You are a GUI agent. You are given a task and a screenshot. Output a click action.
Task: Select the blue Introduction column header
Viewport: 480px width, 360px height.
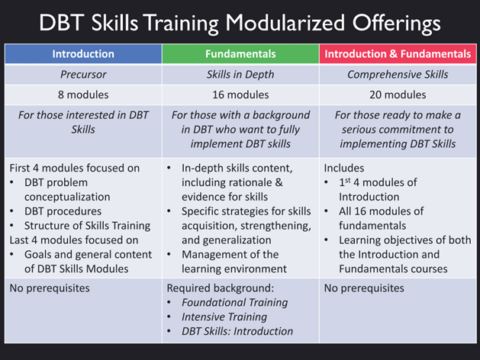[83, 54]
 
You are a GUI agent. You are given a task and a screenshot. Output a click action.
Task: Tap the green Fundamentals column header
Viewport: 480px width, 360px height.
[240, 54]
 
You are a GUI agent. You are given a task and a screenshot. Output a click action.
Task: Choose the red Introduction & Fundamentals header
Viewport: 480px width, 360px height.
[397, 54]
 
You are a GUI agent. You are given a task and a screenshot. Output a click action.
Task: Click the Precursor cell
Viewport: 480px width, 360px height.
[83, 75]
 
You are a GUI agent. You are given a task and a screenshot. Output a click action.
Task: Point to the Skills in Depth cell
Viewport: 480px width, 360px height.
[240, 75]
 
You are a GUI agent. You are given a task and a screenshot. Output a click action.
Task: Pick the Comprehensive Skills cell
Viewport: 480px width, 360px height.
[397, 75]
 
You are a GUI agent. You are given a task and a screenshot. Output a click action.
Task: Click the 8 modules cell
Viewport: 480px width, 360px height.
[83, 95]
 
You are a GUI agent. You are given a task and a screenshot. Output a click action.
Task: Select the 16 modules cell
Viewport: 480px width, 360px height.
[240, 95]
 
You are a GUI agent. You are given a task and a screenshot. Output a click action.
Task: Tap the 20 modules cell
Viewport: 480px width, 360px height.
[397, 95]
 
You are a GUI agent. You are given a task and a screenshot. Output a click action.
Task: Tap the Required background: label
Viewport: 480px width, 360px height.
[212, 289]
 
